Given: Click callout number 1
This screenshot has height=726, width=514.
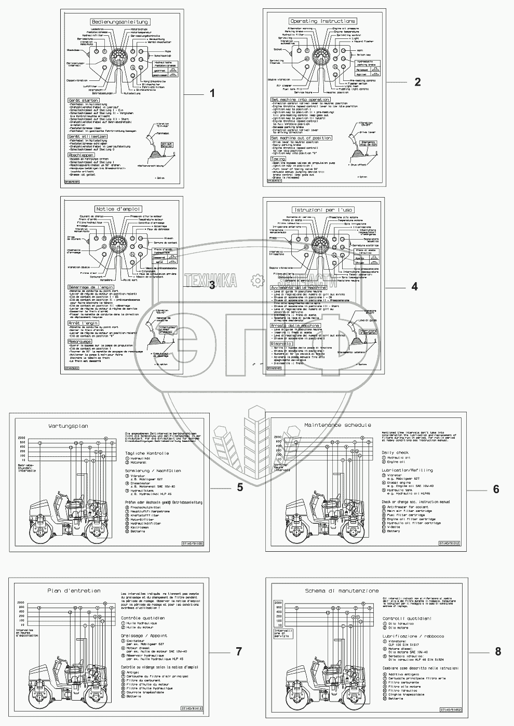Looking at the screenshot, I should [212, 93].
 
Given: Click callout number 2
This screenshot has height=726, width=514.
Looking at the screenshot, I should [417, 82].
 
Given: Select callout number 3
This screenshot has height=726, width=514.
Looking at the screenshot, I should [211, 285].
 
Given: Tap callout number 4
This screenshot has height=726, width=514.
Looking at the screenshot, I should [414, 286].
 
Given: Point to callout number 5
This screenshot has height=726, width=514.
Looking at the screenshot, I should [240, 487].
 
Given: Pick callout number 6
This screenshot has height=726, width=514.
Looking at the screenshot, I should [496, 489].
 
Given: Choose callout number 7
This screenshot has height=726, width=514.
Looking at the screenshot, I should [239, 651].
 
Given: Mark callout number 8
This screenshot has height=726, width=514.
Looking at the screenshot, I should [498, 651].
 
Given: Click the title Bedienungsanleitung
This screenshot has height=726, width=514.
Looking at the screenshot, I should [120, 22].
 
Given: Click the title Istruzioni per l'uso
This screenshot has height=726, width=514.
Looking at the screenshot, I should [326, 209].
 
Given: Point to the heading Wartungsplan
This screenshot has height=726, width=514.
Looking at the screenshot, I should [68, 426].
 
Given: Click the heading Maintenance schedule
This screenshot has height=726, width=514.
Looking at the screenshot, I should [337, 425].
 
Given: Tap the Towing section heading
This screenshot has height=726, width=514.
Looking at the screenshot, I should [278, 159].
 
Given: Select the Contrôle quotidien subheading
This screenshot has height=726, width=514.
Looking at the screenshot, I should [143, 618].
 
